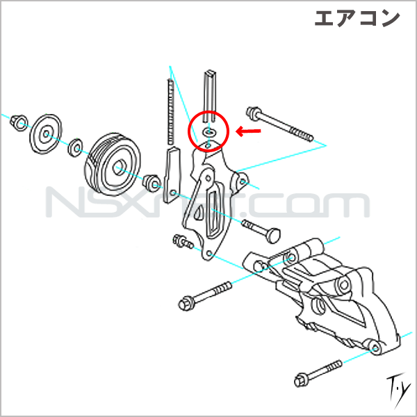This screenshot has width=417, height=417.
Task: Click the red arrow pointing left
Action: point(248,131)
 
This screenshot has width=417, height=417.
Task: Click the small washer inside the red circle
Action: point(208,131)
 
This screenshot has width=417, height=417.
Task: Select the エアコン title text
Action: point(357,19)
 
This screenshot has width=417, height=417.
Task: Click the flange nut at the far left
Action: point(19,122)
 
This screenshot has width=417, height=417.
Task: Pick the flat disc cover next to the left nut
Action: point(45,134)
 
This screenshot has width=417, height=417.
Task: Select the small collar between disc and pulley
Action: point(76,147)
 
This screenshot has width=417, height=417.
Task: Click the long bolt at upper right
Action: point(280,124)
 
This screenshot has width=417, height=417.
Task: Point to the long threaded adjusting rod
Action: point(171,112)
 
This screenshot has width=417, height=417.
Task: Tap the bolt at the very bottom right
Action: point(318,374)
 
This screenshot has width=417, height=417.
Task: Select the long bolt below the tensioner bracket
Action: point(205,296)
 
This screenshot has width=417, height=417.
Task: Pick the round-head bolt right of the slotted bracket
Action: point(261,231)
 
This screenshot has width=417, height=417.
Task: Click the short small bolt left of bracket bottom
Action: point(183,241)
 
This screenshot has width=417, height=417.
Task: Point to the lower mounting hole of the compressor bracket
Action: point(376,348)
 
